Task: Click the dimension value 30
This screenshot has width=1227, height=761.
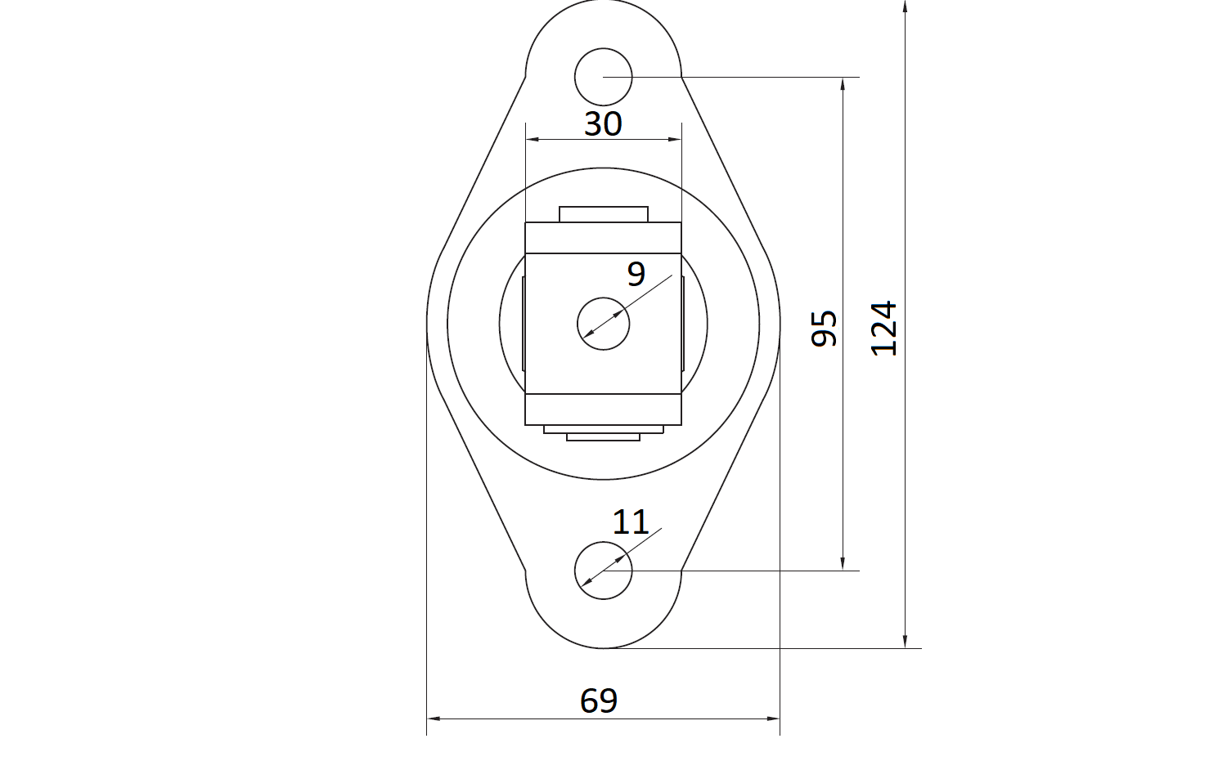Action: (603, 123)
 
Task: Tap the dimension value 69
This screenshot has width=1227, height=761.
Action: (599, 701)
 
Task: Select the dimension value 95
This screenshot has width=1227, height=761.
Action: (824, 328)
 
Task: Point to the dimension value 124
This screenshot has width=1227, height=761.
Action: (883, 328)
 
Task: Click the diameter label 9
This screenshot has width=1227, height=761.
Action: (636, 274)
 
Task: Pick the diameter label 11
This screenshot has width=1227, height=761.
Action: (631, 522)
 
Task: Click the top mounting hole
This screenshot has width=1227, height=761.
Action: (603, 77)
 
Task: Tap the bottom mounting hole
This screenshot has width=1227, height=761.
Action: (603, 571)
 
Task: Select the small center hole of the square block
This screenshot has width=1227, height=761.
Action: (603, 324)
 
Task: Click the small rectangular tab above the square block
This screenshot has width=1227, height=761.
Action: (604, 214)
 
